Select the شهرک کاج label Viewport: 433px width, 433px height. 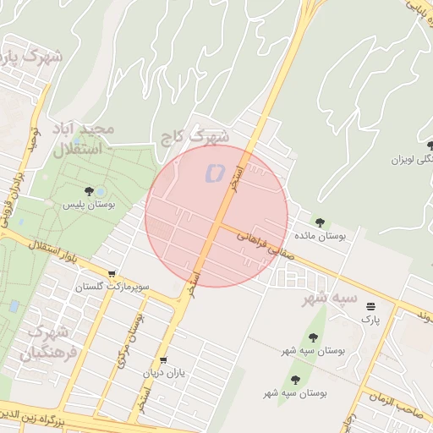click(x=196, y=135)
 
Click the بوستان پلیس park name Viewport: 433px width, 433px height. click(x=89, y=205)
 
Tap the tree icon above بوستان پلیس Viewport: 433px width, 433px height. click(x=90, y=191)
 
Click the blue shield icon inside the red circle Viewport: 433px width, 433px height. click(x=213, y=173)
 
